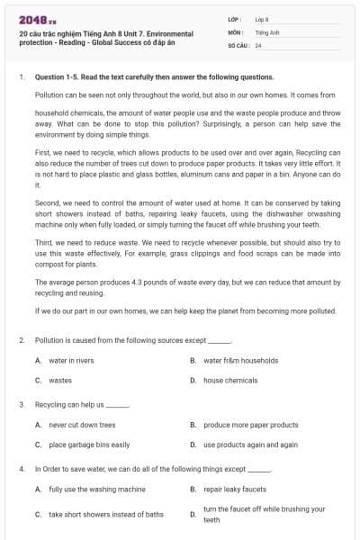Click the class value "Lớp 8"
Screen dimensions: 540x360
click(262, 19)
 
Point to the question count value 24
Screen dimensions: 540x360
click(258, 44)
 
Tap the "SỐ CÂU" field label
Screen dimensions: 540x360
click(238, 44)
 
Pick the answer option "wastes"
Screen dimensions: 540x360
click(60, 381)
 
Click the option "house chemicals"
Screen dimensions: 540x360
click(230, 381)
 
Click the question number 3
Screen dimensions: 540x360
click(21, 405)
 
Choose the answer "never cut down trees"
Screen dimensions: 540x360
click(82, 425)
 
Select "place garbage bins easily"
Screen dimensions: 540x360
click(89, 445)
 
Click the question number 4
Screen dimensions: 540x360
click(21, 469)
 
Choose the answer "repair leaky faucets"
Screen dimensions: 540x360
click(235, 490)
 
